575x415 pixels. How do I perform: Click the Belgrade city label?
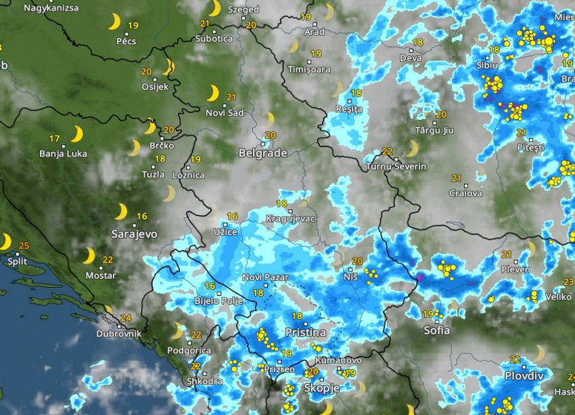262,153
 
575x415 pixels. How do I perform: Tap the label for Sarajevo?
135,234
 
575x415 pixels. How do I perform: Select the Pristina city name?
305,332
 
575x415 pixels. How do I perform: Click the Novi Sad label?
225,112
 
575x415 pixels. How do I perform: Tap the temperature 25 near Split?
24,245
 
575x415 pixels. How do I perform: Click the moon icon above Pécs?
114,23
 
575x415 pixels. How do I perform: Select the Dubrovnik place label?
119,334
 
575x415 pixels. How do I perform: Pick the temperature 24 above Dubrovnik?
125,318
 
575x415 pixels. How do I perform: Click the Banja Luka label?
64,154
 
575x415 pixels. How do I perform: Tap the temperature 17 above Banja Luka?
54,138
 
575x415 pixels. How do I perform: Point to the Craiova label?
466,193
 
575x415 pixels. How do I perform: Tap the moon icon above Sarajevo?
120,212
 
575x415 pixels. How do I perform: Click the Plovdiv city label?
524,376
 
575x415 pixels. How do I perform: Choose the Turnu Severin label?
396,167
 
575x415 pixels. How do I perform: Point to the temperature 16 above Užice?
233,217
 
